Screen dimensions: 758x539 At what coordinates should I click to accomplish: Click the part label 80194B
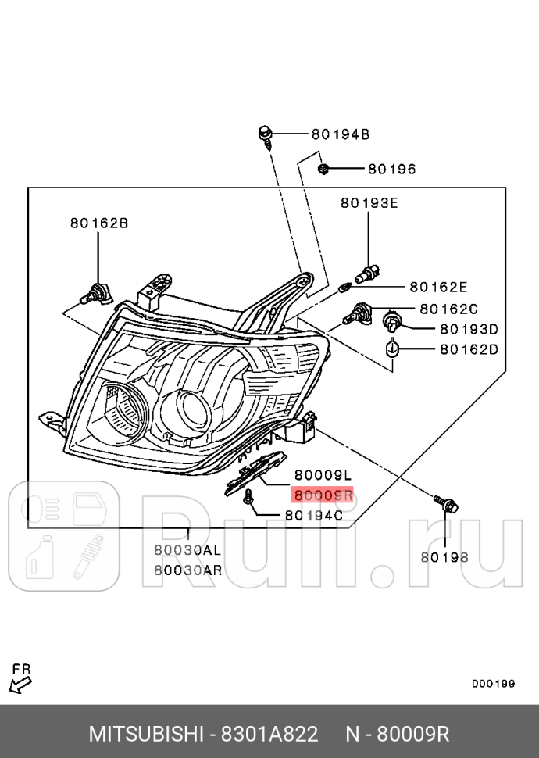pos(340,134)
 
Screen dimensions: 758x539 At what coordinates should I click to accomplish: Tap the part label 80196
pos(391,169)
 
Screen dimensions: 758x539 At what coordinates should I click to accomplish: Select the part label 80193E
pos(369,203)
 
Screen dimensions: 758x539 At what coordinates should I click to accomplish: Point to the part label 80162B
pos(98,223)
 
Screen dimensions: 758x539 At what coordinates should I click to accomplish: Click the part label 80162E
pos(438,287)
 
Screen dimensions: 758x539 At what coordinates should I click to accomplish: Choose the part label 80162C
pos(448,309)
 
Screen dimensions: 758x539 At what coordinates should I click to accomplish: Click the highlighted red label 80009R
pos(323,495)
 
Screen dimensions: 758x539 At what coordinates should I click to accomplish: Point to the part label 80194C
pos(314,515)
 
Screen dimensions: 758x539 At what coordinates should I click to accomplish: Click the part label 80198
pos(444,557)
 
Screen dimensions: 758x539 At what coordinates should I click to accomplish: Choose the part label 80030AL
pos(187,550)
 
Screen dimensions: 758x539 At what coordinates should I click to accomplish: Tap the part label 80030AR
pos(187,570)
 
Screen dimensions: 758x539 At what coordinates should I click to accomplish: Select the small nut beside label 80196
pos(323,168)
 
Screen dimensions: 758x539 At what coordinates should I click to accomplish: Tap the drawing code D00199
pos(493,684)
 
